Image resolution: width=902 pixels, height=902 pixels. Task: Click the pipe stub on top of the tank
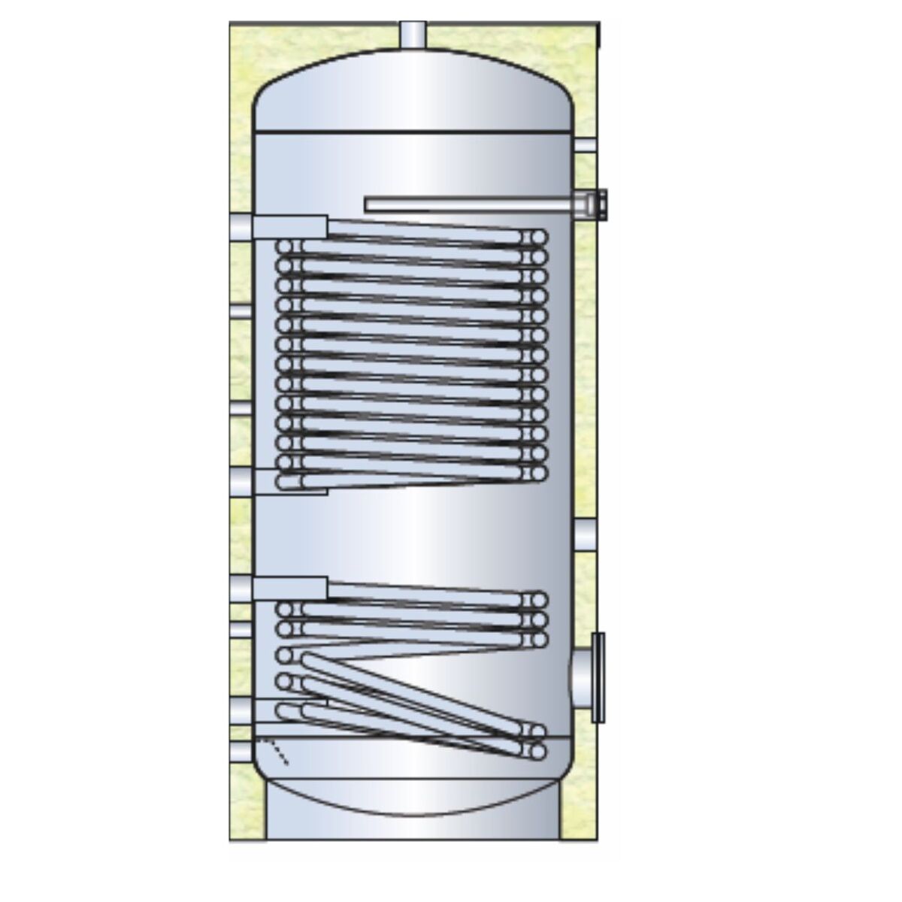point(412,35)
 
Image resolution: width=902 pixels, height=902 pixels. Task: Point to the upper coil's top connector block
point(289,227)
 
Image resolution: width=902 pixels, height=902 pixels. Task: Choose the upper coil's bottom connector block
point(289,481)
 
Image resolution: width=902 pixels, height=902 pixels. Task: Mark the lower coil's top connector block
point(289,589)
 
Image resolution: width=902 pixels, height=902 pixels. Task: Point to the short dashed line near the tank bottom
point(275,752)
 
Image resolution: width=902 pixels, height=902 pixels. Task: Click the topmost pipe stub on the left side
point(241,227)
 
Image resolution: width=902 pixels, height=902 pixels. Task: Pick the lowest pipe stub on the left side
point(241,752)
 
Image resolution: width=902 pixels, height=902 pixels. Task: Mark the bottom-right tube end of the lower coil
point(537,750)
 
